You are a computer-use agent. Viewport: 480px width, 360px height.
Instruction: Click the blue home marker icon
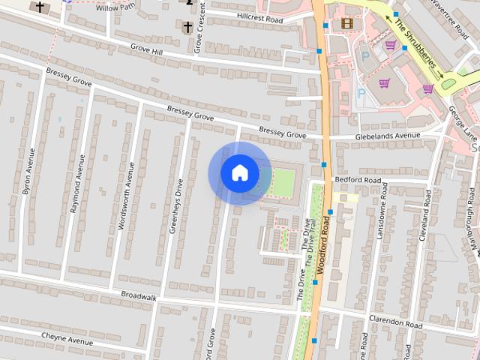pos(239,173)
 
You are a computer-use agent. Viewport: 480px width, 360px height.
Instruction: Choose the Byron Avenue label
pos(29,172)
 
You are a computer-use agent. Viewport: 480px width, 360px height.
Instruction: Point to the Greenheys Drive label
pos(175,206)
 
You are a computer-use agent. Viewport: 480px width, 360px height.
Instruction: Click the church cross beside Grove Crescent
pos(187,27)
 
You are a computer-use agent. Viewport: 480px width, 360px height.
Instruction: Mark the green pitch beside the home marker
pos(283,182)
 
